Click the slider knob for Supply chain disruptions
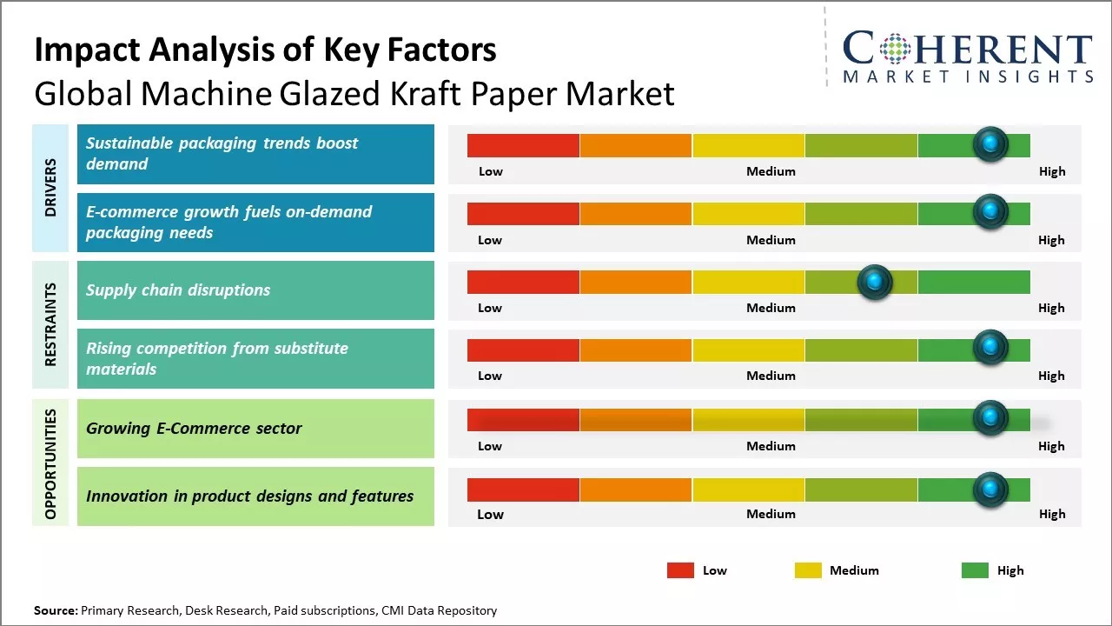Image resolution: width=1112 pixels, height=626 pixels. coord(875,282)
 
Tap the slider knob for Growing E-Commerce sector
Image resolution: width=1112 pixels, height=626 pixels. coord(990,418)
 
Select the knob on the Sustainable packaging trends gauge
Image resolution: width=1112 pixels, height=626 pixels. coord(990,144)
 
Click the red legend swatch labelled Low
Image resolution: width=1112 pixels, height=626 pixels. coord(680,570)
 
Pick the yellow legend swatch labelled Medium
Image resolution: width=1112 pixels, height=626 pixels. coord(808,570)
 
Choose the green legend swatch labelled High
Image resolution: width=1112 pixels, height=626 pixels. coord(975,570)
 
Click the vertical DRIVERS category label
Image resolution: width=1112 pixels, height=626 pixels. coord(50,188)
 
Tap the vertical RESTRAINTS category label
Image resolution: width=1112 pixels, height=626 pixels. coord(50,324)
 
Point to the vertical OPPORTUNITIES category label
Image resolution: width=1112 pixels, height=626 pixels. coord(50,463)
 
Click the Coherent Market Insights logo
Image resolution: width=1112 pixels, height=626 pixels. coord(968,56)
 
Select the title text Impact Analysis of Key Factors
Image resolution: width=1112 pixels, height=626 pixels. coord(265,50)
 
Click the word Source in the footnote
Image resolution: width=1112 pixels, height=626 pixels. coord(55,610)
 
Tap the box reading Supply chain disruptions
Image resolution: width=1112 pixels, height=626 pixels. coord(255,290)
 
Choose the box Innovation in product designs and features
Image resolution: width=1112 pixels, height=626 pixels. coord(255,496)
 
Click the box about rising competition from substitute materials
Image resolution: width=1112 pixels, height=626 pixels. coord(255,358)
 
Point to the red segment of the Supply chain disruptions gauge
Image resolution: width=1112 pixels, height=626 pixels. coord(523,282)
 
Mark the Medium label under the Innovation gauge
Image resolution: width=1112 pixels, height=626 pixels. coord(771,514)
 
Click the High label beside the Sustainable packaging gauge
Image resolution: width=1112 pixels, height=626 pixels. coord(1052,171)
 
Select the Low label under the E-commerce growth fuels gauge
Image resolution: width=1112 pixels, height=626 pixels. coord(490,240)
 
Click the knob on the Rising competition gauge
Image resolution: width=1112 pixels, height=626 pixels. coord(990,350)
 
